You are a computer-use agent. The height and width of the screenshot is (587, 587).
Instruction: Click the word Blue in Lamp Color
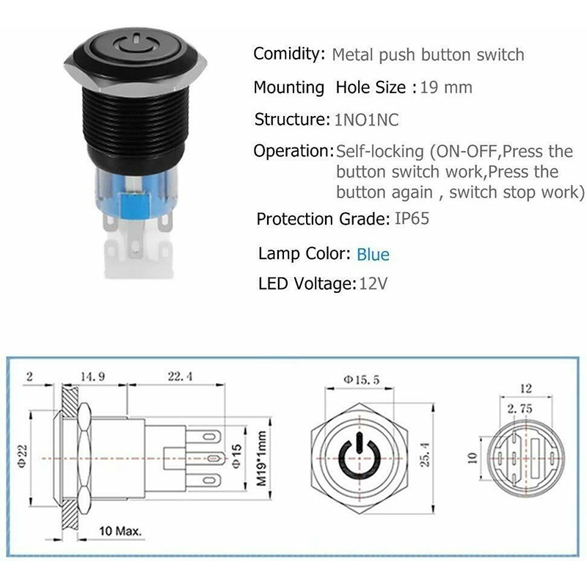point(373,255)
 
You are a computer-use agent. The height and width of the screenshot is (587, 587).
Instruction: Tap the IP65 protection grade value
point(412,219)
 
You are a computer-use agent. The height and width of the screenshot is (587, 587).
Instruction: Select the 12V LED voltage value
point(373,283)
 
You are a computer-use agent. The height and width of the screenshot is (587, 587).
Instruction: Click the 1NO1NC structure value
point(366,120)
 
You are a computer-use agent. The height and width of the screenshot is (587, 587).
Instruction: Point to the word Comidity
point(289,54)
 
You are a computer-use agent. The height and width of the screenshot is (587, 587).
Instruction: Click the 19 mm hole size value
point(446,87)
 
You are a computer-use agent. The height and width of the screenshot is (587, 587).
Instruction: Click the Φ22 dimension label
point(22,456)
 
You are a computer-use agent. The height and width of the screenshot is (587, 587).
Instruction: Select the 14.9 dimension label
point(93,376)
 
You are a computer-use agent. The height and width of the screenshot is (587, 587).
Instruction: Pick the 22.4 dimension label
point(180,376)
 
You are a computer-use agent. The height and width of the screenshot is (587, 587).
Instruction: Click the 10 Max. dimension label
point(120,531)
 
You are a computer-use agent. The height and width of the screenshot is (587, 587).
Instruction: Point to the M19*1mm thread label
point(261,459)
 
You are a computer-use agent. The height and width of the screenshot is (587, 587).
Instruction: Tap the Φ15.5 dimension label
point(361,380)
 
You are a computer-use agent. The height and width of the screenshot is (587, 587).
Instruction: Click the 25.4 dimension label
point(425,454)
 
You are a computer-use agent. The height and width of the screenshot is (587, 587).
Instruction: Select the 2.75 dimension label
point(519,409)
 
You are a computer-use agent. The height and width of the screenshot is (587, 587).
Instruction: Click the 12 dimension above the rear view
point(526,388)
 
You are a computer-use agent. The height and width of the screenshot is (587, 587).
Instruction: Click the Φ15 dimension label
point(236,456)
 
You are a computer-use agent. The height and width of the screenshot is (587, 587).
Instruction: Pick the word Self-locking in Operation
point(379,151)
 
